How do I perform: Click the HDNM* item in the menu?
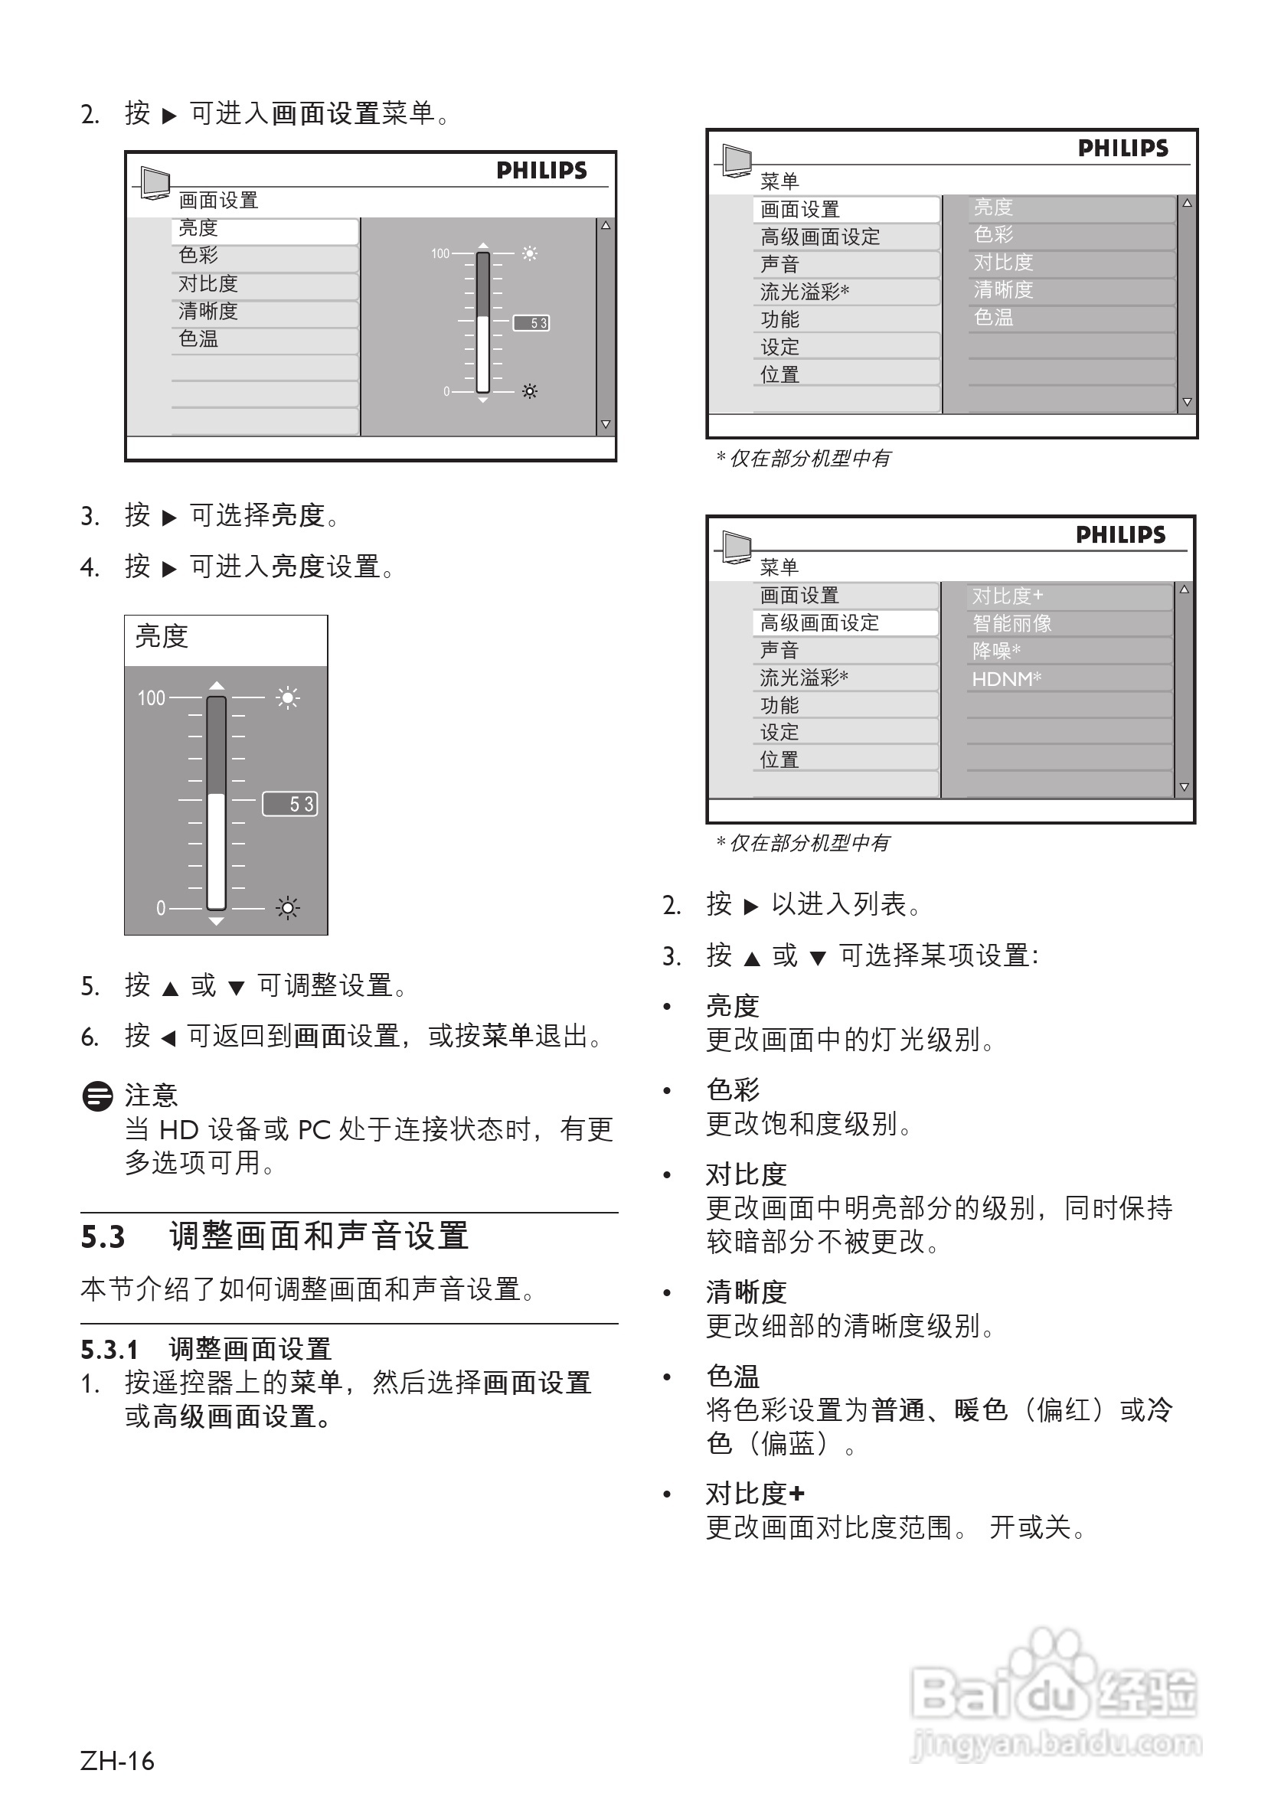click(1005, 678)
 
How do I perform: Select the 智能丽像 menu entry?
click(1011, 623)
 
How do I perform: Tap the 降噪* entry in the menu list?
click(995, 651)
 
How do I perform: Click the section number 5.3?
click(103, 1237)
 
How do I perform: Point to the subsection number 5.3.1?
click(109, 1349)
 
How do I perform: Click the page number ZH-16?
click(117, 1761)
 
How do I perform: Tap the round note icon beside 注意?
click(97, 1096)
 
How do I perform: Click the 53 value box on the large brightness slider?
click(289, 804)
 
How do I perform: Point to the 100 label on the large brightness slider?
click(151, 697)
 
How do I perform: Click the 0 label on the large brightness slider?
click(161, 908)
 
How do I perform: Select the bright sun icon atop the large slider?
click(287, 697)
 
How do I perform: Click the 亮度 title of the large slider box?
click(162, 637)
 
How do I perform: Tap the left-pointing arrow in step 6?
click(168, 1037)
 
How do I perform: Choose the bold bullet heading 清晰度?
click(745, 1292)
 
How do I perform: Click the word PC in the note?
click(313, 1130)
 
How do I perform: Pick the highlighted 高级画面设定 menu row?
click(820, 623)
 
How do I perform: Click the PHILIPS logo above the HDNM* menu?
click(1120, 535)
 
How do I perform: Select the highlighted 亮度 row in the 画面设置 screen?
click(198, 229)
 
